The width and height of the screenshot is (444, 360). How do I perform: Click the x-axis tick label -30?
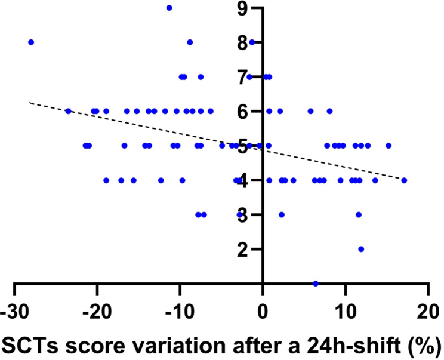pos(13,312)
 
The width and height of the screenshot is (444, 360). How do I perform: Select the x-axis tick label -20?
pos(97,312)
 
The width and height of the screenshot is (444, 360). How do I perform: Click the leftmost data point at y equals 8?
pos(31,42)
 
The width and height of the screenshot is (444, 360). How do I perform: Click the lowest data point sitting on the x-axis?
pos(316,283)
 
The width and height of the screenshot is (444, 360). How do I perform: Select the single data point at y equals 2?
pos(361,249)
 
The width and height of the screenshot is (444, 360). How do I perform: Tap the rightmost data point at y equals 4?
pos(404,180)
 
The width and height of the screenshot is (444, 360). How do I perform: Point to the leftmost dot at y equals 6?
pos(68,111)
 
